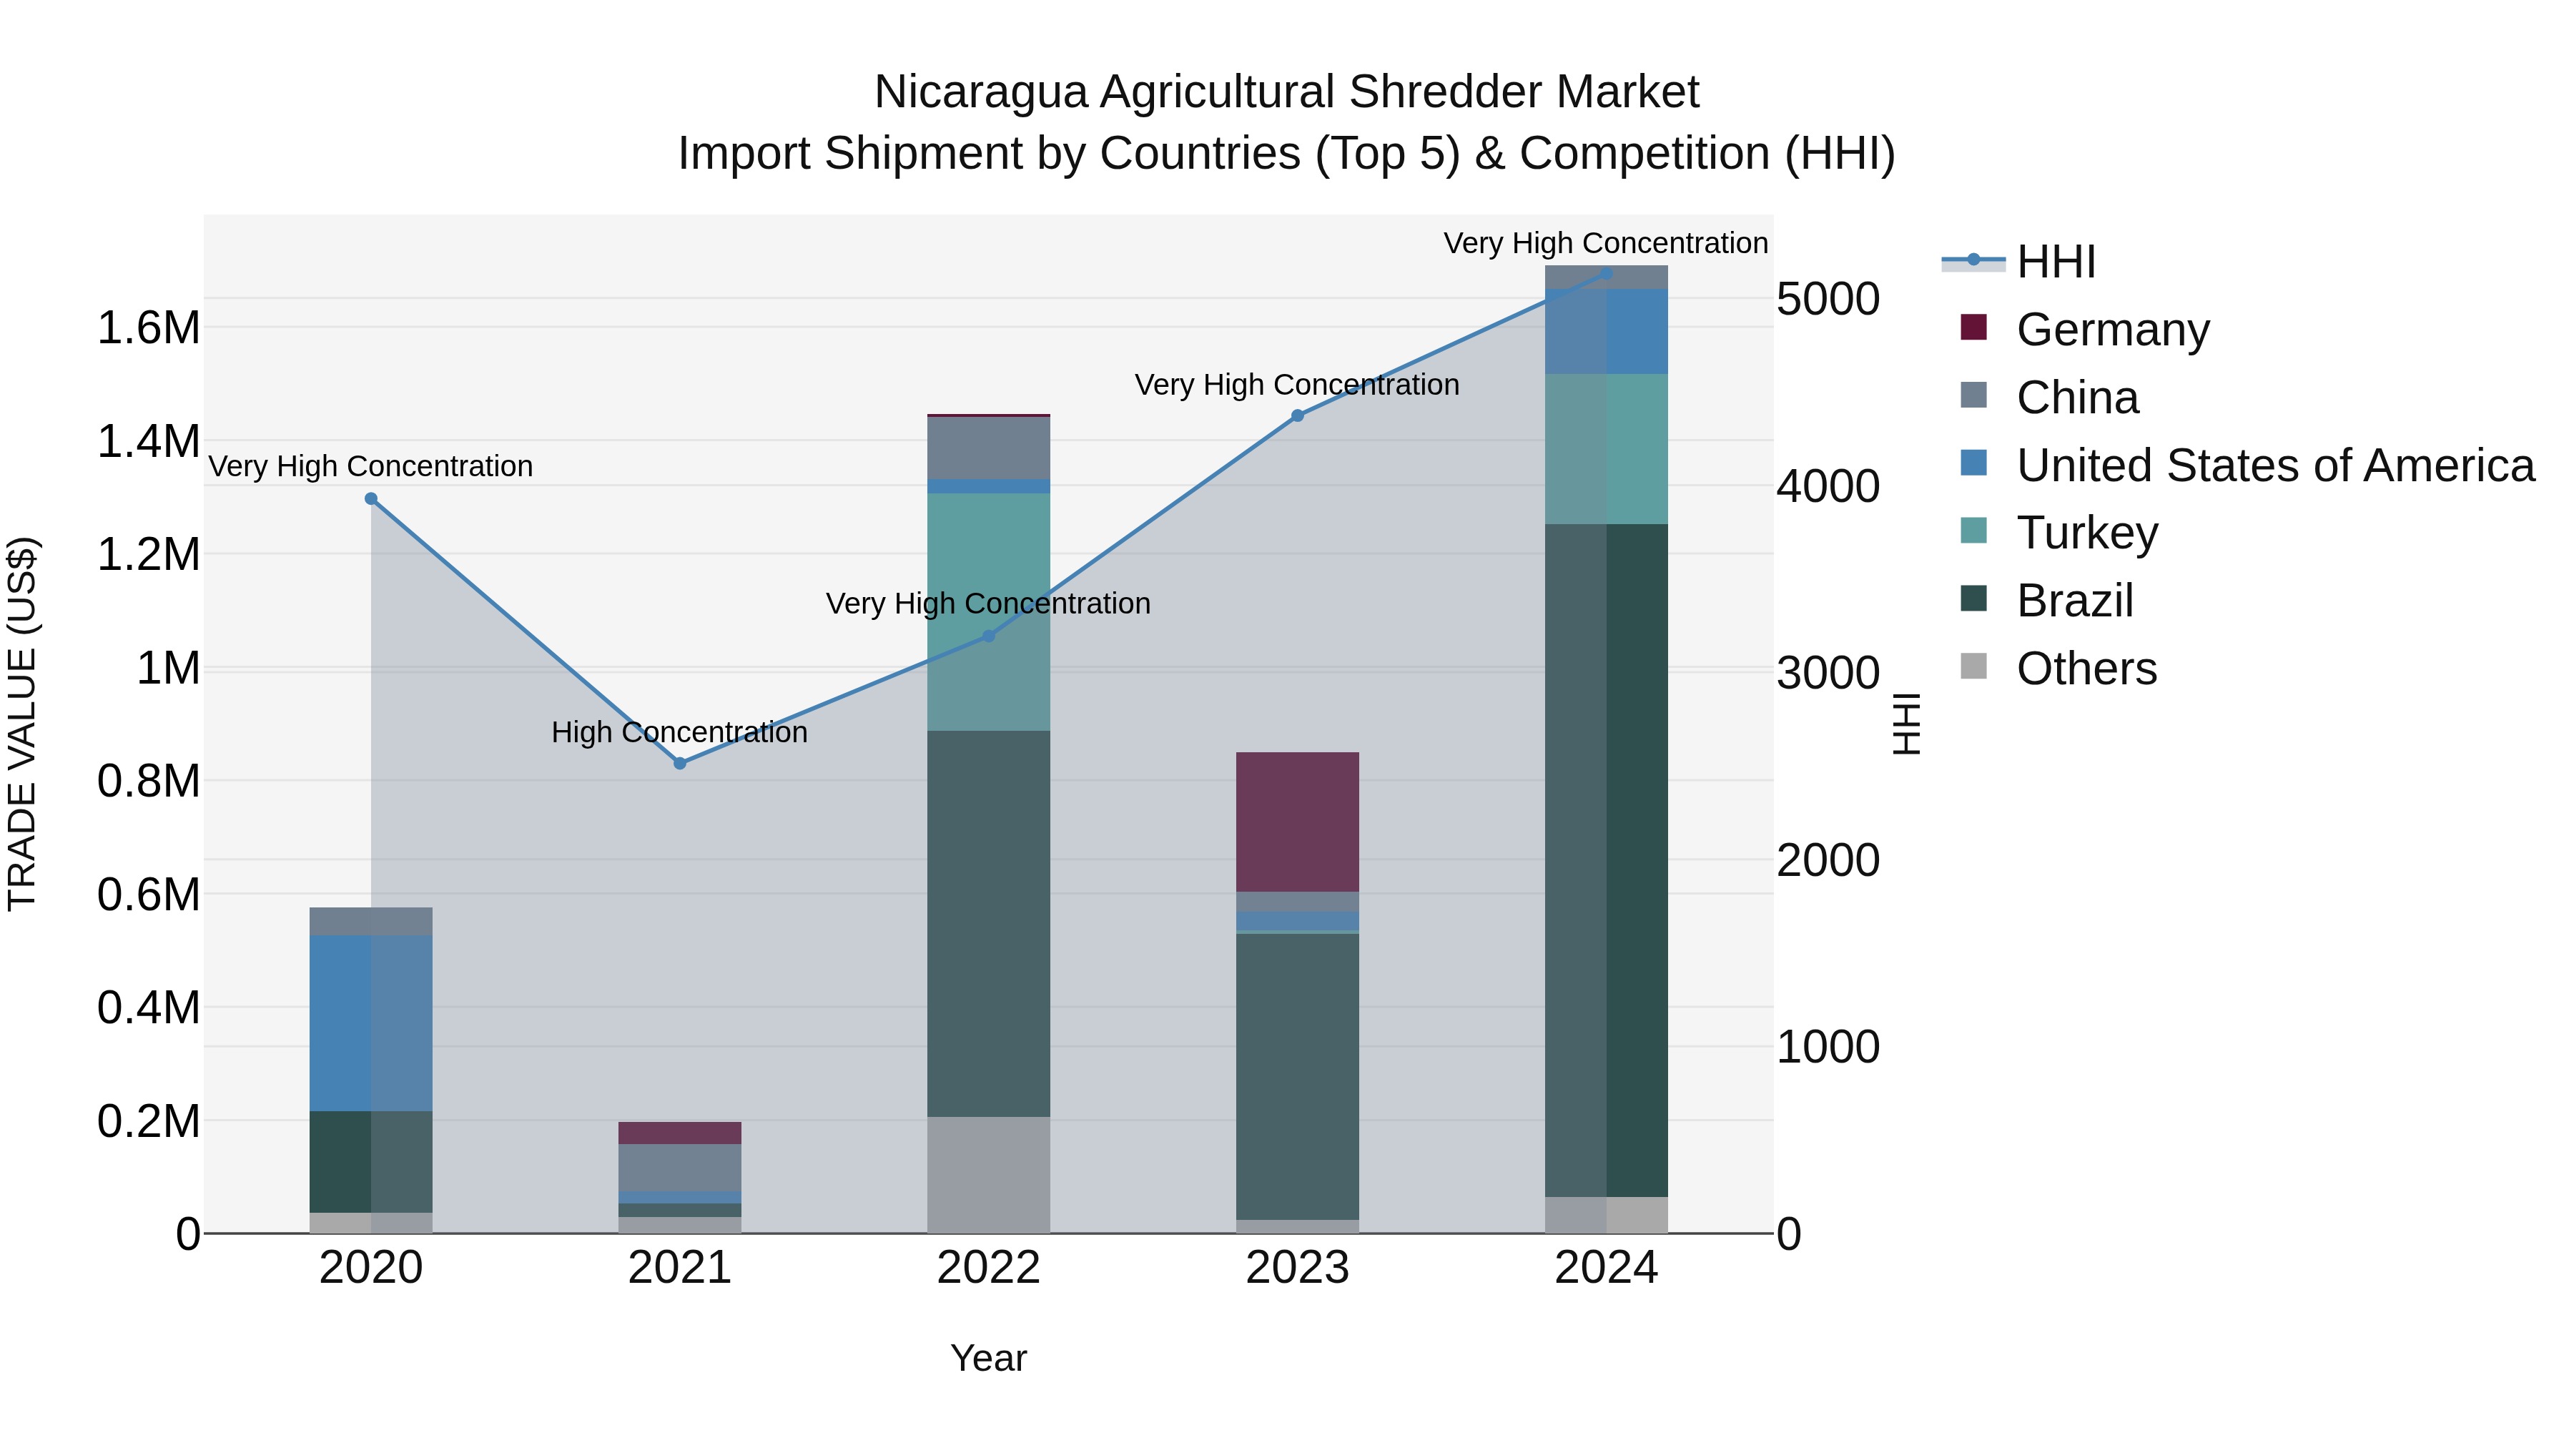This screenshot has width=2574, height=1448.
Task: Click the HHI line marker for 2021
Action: (x=679, y=764)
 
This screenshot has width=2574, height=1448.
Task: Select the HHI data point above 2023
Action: (x=1297, y=415)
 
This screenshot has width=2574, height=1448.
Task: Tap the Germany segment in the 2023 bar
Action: (x=1297, y=822)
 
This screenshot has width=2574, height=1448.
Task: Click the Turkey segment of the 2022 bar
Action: (x=988, y=611)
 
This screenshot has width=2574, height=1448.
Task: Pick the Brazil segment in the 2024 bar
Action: (x=1606, y=860)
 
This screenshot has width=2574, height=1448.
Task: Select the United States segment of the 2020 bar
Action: (x=370, y=1023)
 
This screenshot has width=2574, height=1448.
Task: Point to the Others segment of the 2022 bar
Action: (x=988, y=1174)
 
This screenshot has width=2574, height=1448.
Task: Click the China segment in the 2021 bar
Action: (x=679, y=1167)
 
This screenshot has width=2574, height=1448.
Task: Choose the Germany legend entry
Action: (x=2111, y=330)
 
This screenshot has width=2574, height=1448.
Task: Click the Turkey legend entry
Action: (x=2086, y=533)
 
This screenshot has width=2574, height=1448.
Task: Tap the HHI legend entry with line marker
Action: (x=2054, y=262)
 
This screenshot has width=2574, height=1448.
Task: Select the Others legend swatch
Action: (x=1973, y=666)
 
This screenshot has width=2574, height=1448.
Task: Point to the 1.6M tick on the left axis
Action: (x=148, y=327)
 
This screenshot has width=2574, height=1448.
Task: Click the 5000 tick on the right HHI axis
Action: (x=1828, y=299)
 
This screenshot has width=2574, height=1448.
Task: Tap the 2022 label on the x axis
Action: (x=988, y=1268)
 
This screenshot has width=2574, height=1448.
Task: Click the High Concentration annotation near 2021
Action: (x=679, y=732)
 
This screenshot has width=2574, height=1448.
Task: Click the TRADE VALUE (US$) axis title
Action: (x=22, y=724)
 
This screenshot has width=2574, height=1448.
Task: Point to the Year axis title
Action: (x=988, y=1358)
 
